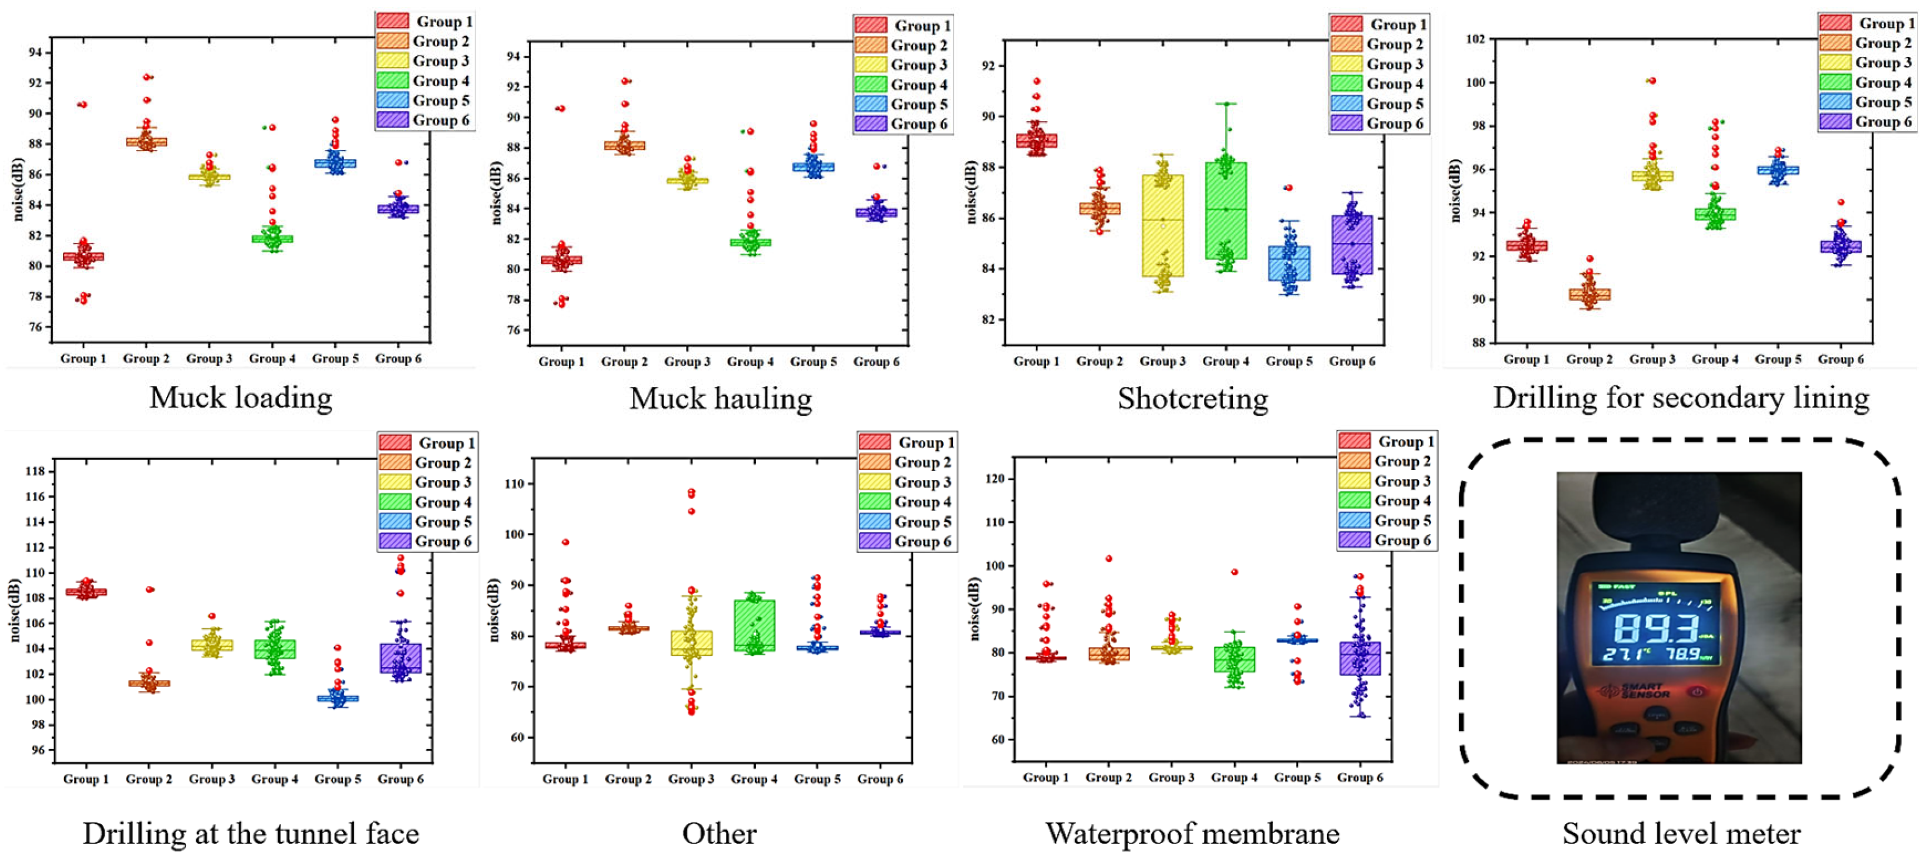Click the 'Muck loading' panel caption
pyautogui.click(x=241, y=398)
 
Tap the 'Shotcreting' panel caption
pyautogui.click(x=1193, y=399)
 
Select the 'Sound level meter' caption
pyautogui.click(x=1681, y=833)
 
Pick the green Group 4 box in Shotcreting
pyautogui.click(x=1226, y=211)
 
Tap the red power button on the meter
pyautogui.click(x=1697, y=691)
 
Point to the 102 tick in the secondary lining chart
pyautogui.click(x=1475, y=39)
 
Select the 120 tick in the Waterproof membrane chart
pyautogui.click(x=996, y=479)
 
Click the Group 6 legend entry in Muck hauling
pyautogui.click(x=903, y=124)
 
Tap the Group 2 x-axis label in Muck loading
pyautogui.click(x=146, y=359)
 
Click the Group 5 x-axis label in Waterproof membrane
pyautogui.click(x=1297, y=778)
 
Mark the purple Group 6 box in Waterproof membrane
pyautogui.click(x=1360, y=658)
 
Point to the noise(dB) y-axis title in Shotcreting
pyautogui.click(x=972, y=192)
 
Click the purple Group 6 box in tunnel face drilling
pyautogui.click(x=400, y=658)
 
